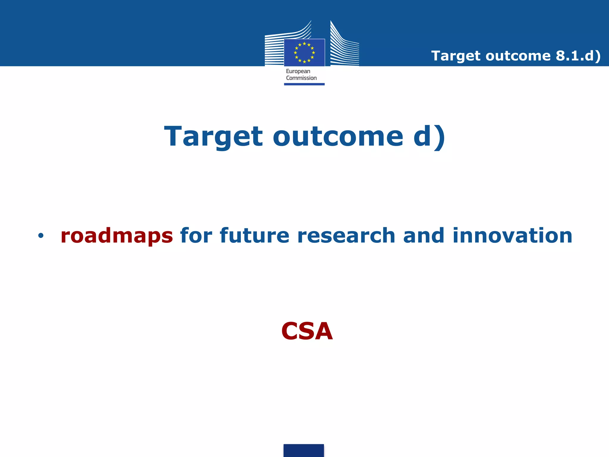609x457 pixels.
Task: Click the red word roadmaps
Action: pos(117,236)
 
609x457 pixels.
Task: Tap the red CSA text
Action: pos(307,331)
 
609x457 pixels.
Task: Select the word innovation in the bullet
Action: pos(512,235)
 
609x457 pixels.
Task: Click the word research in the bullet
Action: pos(346,235)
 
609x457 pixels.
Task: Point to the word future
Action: pos(255,235)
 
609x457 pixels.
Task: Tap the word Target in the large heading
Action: pos(214,137)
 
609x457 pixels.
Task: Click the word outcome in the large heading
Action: pos(338,137)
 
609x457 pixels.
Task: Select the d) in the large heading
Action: pos(429,137)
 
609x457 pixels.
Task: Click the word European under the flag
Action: pos(298,71)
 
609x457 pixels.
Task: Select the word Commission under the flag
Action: pos(301,78)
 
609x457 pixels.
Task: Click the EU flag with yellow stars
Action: pos(304,53)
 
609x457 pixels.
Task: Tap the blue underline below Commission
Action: pos(304,84)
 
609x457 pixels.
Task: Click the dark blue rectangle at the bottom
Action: pos(304,450)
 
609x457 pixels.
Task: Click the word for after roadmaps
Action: pos(196,235)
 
